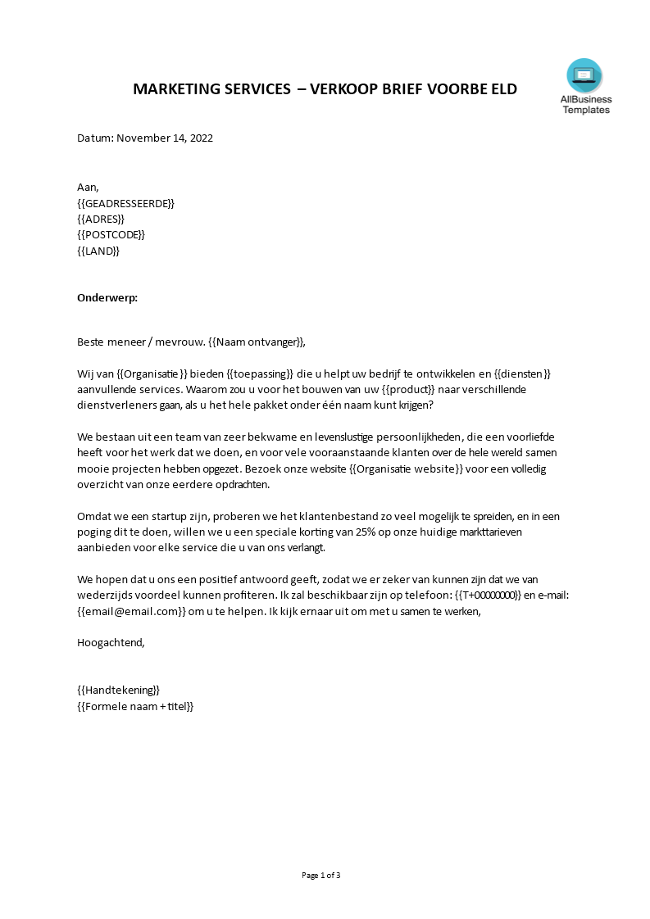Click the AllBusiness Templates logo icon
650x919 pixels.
[584, 76]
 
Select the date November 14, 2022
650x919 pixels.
[165, 138]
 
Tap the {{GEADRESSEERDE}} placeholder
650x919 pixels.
[125, 203]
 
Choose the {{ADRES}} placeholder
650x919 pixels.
[101, 219]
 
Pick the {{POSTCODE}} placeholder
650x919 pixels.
[111, 235]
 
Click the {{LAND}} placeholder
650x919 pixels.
[98, 251]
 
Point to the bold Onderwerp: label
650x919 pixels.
[107, 298]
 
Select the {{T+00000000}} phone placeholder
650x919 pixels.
[488, 595]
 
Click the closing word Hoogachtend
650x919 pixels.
[111, 643]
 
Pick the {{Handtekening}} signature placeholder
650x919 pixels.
[119, 690]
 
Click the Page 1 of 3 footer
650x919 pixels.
[320, 876]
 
